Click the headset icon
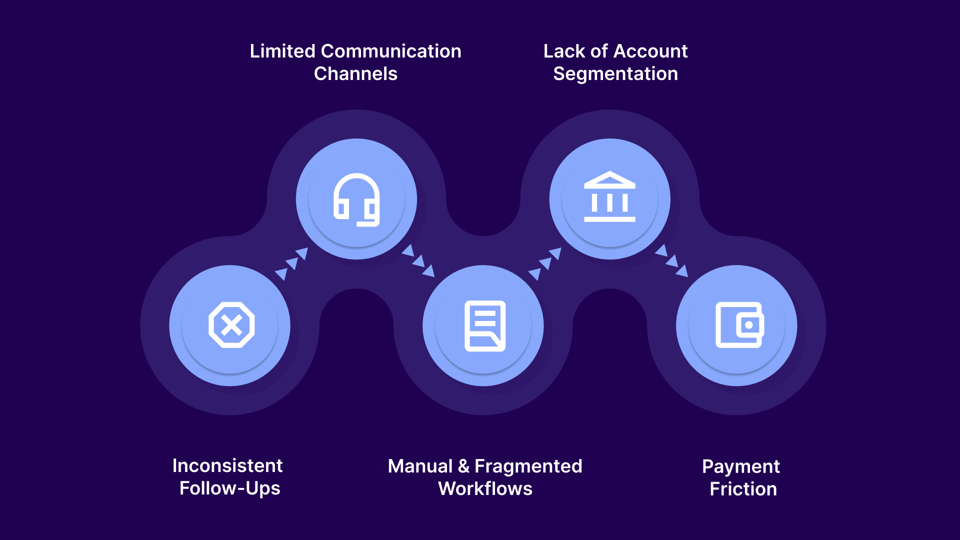pyautogui.click(x=356, y=199)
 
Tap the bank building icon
pyautogui.click(x=609, y=197)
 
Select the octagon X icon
pyautogui.click(x=231, y=325)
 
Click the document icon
pyautogui.click(x=484, y=325)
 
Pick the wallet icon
pyautogui.click(x=739, y=325)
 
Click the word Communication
pyautogui.click(x=391, y=51)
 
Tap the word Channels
pyautogui.click(x=355, y=74)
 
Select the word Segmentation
pyautogui.click(x=615, y=74)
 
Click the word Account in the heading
pyautogui.click(x=650, y=51)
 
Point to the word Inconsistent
pyautogui.click(x=227, y=465)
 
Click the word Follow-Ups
pyautogui.click(x=230, y=488)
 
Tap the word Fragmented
pyautogui.click(x=528, y=466)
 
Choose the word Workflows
pyautogui.click(x=485, y=488)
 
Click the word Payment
pyautogui.click(x=740, y=466)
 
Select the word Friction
pyautogui.click(x=743, y=489)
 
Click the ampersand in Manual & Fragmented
pyautogui.click(x=463, y=466)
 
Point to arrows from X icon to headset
pyautogui.click(x=291, y=263)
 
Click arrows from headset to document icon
pyautogui.click(x=418, y=260)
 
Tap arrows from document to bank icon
pyautogui.click(x=545, y=263)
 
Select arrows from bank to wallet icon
pyautogui.click(x=672, y=260)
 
